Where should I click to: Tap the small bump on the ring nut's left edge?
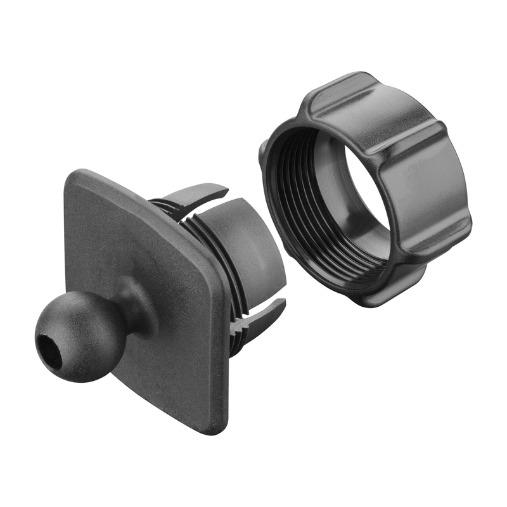coord(262,152)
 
